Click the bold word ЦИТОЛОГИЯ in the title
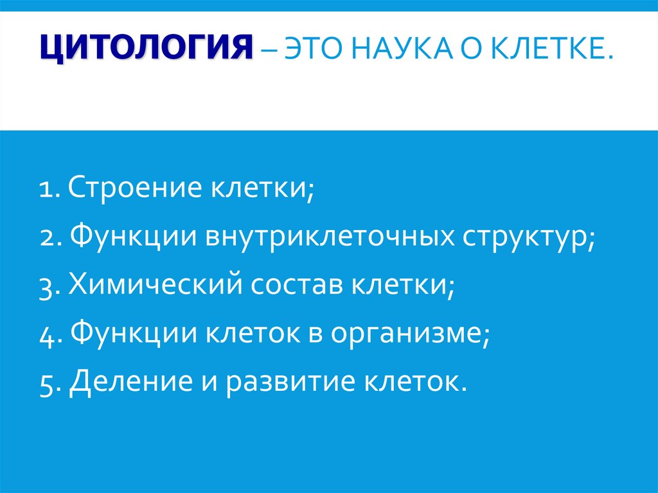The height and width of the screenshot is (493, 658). point(147,49)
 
